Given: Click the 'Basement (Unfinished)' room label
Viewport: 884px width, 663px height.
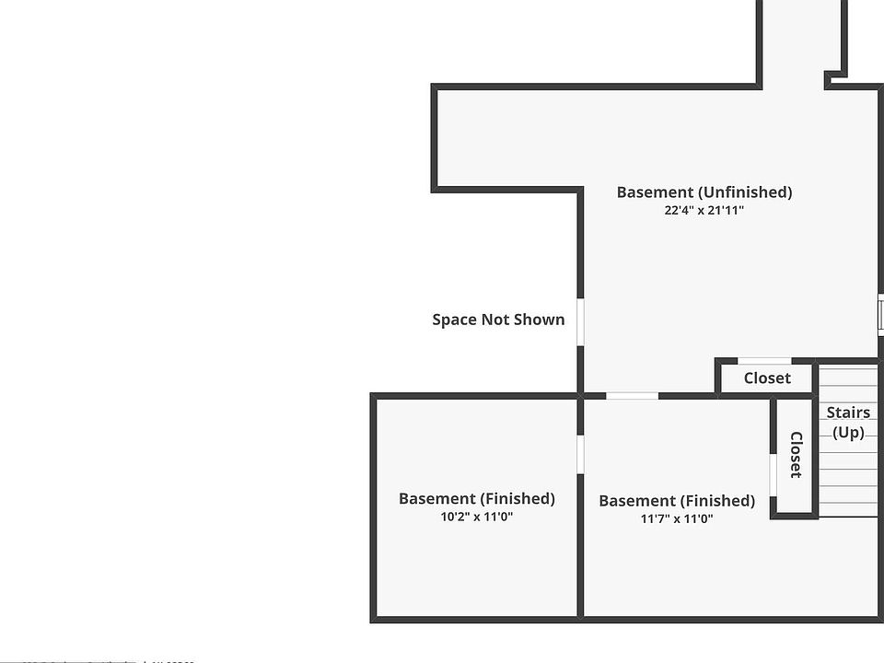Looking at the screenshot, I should coord(704,192).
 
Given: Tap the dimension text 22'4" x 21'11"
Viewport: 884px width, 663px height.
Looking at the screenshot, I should coord(704,211).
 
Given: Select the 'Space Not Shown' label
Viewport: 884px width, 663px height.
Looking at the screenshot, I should coord(498,320).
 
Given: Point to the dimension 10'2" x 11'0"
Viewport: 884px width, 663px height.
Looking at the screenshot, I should coord(476,517).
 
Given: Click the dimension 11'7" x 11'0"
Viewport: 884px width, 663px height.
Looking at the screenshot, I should coord(677,518).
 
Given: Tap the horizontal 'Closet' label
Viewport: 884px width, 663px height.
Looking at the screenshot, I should coord(767,378).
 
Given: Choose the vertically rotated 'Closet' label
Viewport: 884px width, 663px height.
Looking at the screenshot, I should coord(796,455).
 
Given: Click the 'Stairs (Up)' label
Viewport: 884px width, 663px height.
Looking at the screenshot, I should coord(848,422).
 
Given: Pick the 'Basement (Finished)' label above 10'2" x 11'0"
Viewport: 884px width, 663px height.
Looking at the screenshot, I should coord(476,498).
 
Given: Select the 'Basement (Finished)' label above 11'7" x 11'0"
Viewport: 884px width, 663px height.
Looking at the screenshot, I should coord(677,501).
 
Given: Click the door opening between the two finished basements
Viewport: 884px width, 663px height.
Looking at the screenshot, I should coord(580,454).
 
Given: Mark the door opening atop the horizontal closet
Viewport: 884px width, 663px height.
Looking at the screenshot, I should coord(765,360).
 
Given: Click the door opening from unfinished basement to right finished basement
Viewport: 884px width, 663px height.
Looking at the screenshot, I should coord(632,396).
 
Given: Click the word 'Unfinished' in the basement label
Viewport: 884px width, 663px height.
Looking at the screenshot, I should coord(744,192).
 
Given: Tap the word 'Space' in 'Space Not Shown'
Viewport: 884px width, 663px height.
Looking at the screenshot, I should coord(455,320).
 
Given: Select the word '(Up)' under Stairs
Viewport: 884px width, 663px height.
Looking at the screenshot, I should coord(848,432).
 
